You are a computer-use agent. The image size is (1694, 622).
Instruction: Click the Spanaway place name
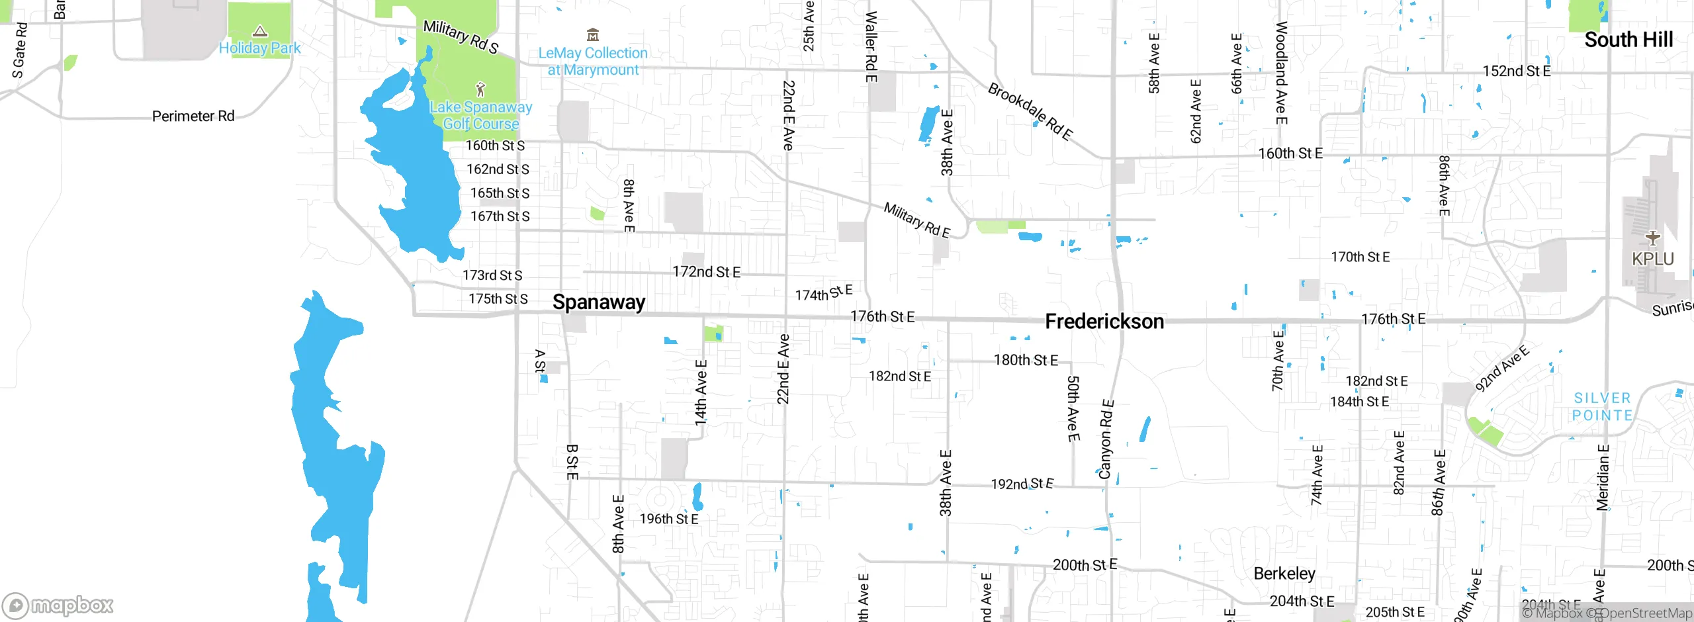599,302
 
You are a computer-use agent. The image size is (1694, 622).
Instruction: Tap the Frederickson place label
1104,322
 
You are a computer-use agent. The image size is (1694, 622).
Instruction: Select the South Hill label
1628,40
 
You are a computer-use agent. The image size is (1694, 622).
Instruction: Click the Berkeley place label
1284,573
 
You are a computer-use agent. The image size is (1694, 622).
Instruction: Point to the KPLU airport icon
1652,238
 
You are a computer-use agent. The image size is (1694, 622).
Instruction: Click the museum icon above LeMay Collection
593,34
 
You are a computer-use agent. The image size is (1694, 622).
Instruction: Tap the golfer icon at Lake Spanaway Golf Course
481,89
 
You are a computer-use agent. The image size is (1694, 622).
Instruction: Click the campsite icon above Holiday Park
260,31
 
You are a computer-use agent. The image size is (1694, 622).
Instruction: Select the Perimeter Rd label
193,116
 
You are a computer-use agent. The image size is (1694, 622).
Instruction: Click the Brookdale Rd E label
1030,111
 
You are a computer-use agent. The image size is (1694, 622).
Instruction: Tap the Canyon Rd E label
1106,439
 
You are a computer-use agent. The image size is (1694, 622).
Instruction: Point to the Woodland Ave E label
1281,73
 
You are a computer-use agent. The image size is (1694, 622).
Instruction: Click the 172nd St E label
706,272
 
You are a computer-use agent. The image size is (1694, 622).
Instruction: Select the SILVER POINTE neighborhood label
1602,406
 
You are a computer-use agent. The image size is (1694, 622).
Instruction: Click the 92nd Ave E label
1502,369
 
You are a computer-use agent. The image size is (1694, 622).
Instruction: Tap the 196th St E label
668,519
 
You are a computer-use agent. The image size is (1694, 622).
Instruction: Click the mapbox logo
58,605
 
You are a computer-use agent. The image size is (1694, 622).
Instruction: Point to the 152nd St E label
1516,71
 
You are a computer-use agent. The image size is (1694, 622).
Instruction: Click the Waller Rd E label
871,46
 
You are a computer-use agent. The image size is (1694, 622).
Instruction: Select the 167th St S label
500,216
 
